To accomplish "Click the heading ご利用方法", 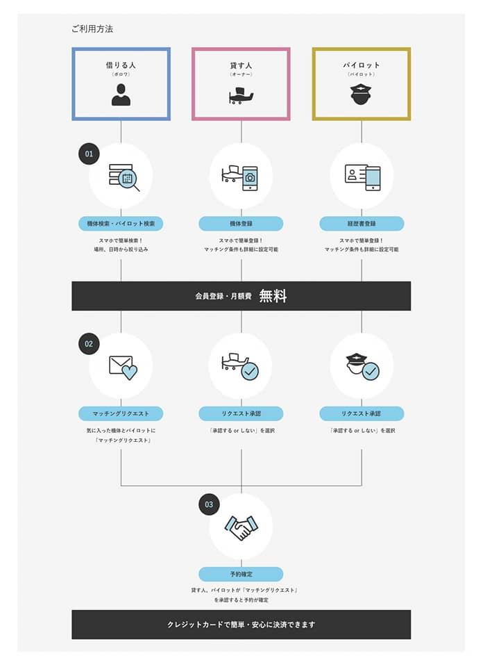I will [x=92, y=29].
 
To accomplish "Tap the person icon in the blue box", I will [x=121, y=94].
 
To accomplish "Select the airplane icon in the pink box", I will [x=241, y=94].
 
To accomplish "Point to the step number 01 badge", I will [x=89, y=154].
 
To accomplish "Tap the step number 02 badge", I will [x=89, y=343].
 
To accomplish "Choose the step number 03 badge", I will [x=209, y=504].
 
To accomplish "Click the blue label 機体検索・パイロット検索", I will [x=121, y=224].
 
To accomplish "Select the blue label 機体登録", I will [x=241, y=224].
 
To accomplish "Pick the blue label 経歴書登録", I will [x=362, y=224].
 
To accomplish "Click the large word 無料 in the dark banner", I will [x=273, y=296].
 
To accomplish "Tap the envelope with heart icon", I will [x=123, y=368].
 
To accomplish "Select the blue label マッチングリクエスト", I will [x=121, y=413].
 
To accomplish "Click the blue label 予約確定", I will [x=241, y=575].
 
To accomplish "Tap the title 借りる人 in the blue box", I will [x=121, y=65].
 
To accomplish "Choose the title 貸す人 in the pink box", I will [x=241, y=65].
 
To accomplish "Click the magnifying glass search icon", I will [x=124, y=176].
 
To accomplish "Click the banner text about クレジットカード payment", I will [x=241, y=625].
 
